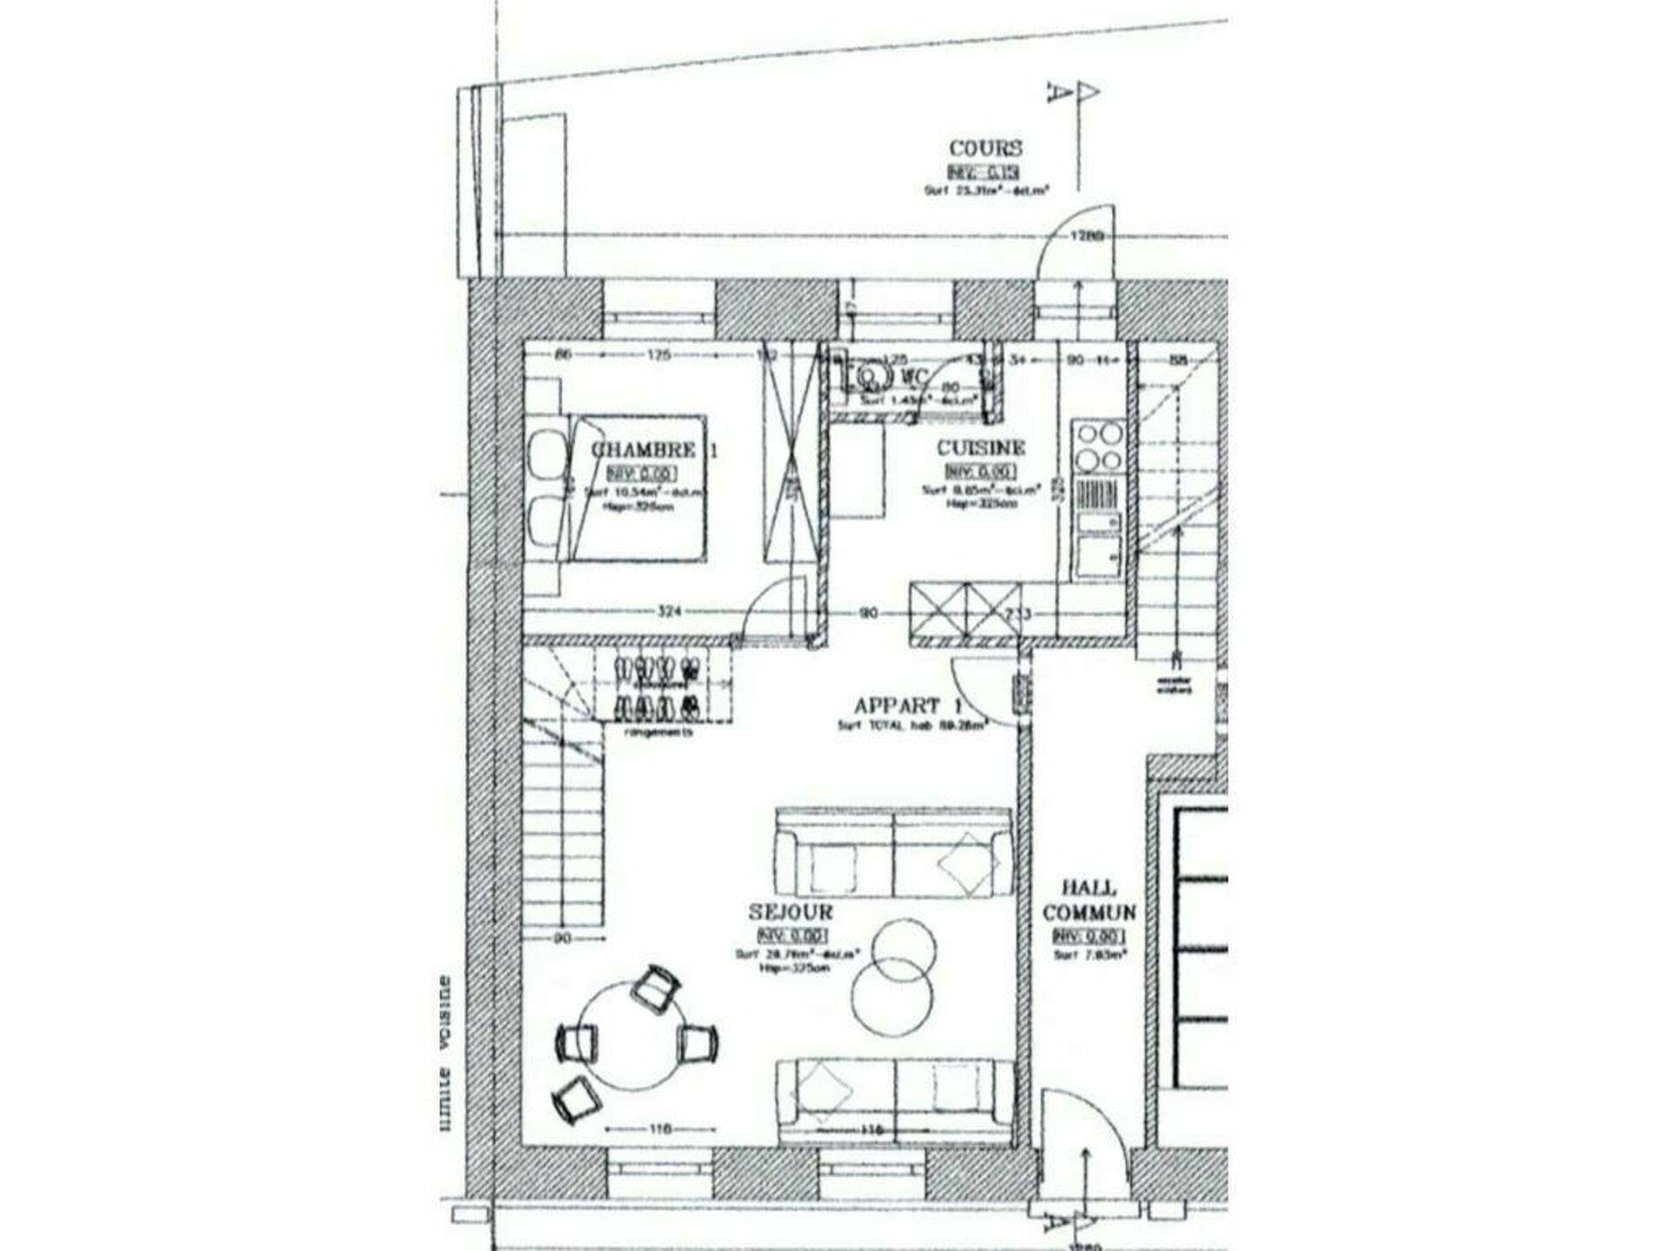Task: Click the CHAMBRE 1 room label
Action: (x=654, y=449)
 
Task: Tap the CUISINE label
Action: (x=980, y=448)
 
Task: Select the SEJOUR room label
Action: (x=791, y=911)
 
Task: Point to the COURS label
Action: (x=985, y=149)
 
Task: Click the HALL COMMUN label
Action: (x=1089, y=900)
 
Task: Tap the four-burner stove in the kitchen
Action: (x=1098, y=446)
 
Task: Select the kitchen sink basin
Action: (x=1096, y=554)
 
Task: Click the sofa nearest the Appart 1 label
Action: (x=894, y=852)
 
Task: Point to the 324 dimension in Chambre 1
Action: (x=667, y=612)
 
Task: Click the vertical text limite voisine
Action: (x=445, y=1052)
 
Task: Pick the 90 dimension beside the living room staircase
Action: (x=562, y=938)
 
